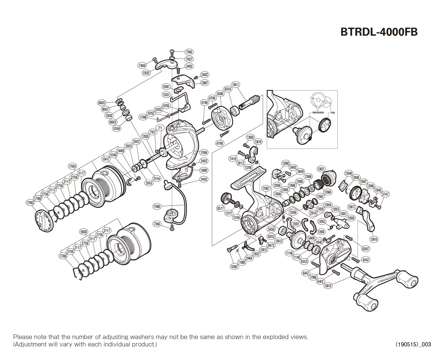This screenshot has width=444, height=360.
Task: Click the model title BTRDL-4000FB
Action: [x=379, y=32]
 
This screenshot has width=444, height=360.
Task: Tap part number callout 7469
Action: [x=142, y=66]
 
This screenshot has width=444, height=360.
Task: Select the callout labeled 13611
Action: [x=236, y=85]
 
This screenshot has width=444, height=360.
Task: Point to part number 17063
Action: [x=72, y=166]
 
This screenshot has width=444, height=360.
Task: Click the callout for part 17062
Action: [x=30, y=203]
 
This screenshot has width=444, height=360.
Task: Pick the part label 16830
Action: [x=83, y=232]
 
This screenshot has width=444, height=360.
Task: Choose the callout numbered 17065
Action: [x=157, y=206]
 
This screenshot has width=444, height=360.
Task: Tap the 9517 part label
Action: [x=220, y=208]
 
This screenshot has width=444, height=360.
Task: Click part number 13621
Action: [x=321, y=169]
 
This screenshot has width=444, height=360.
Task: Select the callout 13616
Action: [x=374, y=239]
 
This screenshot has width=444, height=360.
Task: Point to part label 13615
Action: [x=328, y=286]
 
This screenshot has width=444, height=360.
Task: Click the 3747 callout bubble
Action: [x=385, y=194]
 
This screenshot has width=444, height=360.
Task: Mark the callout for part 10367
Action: [x=234, y=267]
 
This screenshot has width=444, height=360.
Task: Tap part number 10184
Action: [x=116, y=128]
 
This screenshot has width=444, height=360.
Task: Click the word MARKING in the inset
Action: [x=318, y=113]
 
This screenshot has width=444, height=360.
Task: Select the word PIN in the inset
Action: [x=332, y=113]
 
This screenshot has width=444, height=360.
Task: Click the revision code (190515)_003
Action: [x=413, y=344]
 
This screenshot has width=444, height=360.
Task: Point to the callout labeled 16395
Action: [x=220, y=94]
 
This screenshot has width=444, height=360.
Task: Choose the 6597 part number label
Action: [x=366, y=249]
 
